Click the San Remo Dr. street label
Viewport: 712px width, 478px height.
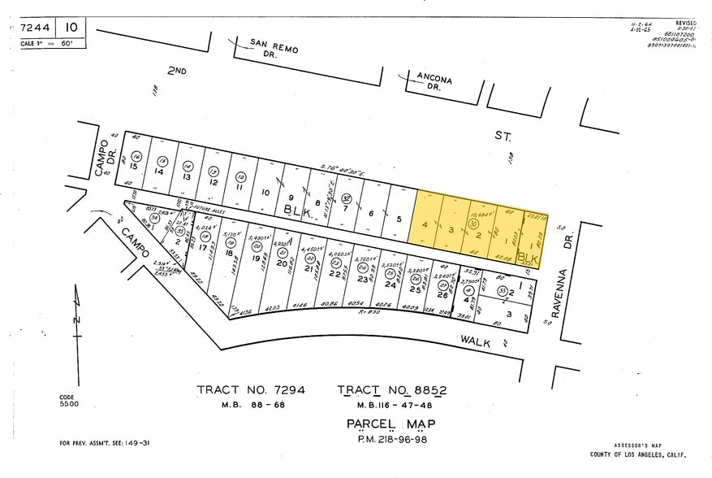point(273,47)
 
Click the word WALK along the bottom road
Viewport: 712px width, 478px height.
point(476,342)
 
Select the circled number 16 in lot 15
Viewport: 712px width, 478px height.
point(136,156)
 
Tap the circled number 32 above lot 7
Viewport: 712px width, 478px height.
point(346,197)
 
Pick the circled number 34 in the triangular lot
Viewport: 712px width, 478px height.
point(154,217)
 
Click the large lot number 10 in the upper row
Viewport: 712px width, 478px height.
point(265,193)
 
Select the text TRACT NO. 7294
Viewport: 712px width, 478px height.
point(251,390)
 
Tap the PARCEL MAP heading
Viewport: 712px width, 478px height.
point(391,424)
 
